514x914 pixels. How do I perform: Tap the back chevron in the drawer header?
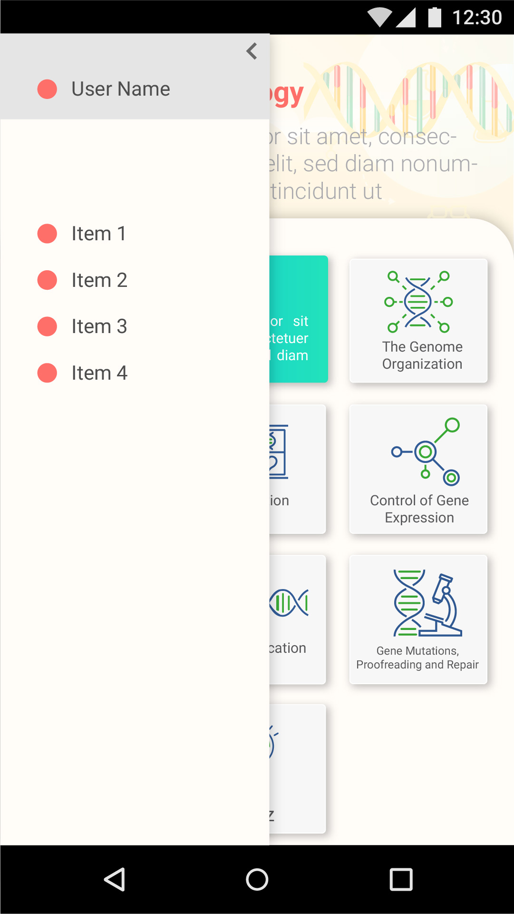tap(252, 51)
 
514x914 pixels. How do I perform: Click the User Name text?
tap(121, 89)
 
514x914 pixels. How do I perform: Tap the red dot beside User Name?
tap(47, 89)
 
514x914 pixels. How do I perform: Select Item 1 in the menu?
tap(98, 234)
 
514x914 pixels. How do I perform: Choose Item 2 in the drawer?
tap(99, 280)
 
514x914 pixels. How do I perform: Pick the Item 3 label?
tap(99, 326)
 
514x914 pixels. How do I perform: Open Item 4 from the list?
tap(99, 373)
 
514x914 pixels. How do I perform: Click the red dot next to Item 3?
tap(47, 326)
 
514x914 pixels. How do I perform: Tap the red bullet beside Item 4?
tap(47, 373)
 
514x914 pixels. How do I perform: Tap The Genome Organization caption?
tap(422, 355)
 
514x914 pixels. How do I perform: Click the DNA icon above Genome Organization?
tap(418, 302)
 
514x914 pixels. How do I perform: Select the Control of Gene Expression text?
tap(419, 509)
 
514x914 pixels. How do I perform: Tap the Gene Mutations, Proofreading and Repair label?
tap(417, 658)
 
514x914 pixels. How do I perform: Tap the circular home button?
tap(257, 879)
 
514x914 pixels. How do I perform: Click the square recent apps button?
tap(401, 879)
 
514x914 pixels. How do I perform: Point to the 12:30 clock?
tap(477, 18)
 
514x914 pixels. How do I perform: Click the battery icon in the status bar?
tap(435, 17)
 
